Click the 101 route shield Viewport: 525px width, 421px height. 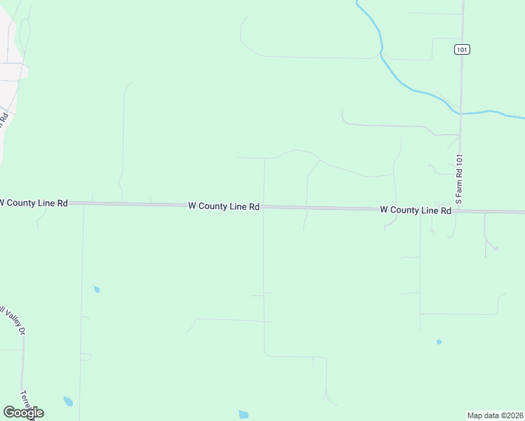click(461, 49)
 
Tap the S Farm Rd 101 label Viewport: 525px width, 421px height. click(458, 180)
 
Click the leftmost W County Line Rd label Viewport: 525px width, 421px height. click(33, 203)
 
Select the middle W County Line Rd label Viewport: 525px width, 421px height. click(224, 206)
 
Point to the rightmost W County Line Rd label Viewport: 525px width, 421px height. click(416, 210)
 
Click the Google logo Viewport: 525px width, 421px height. click(23, 412)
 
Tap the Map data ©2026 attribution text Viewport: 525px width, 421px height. click(495, 415)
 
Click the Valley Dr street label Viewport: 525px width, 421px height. click(13, 320)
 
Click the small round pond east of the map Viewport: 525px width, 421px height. click(439, 342)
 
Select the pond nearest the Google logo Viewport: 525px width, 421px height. click(68, 401)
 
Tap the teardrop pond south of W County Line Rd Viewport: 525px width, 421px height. click(96, 288)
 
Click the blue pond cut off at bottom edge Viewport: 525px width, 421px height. click(244, 415)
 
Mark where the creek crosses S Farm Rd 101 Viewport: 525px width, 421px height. click(460, 113)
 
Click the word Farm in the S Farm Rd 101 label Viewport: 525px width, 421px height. click(458, 185)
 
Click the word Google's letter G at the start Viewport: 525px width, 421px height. click(9, 412)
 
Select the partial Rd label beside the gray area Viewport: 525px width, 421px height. click(4, 117)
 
